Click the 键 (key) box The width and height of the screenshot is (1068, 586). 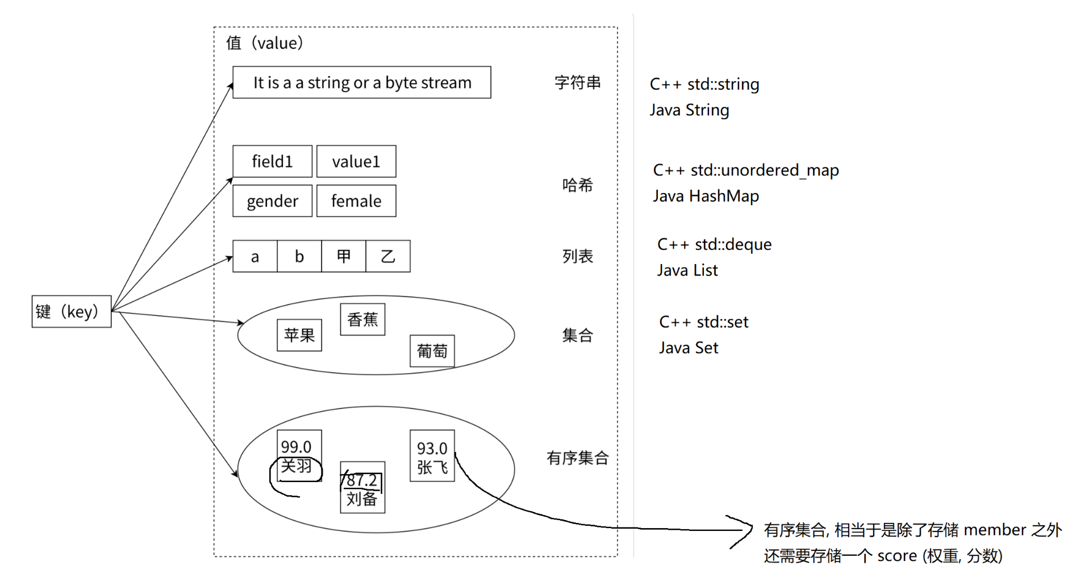coord(71,311)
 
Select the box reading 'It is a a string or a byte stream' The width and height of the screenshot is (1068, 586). coord(361,82)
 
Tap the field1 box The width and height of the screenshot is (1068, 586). coord(272,161)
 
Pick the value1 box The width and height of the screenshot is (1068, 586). coord(356,161)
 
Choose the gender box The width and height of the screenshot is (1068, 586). coord(272,201)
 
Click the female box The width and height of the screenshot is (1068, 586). coord(356,201)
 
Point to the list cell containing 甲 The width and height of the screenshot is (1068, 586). coord(344,256)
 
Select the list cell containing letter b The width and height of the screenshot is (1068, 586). coord(299,256)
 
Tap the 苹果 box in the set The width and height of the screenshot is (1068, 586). coord(299,335)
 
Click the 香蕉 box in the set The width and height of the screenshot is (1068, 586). coord(362,319)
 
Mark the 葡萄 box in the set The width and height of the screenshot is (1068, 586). coord(432,351)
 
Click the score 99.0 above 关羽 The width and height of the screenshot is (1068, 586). coord(296,447)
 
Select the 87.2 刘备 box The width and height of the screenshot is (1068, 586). coord(362,488)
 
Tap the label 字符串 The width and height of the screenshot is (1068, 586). coord(577,82)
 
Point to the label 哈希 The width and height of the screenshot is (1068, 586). coord(577,185)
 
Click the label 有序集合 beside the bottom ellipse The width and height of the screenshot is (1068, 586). coord(577,458)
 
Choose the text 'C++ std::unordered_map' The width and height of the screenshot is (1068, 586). coord(745,170)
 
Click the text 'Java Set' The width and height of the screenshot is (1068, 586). coord(689,348)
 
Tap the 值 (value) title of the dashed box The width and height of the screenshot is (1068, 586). coord(265,43)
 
